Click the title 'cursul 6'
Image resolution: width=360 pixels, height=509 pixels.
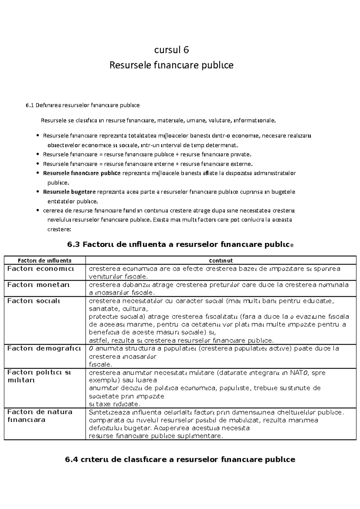point(171,50)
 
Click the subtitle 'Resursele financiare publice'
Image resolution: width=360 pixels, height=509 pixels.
point(171,65)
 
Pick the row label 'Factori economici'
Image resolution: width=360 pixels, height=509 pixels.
point(40,269)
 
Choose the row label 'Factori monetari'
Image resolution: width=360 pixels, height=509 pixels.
point(38,285)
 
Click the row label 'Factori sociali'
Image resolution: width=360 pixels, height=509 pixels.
point(34,301)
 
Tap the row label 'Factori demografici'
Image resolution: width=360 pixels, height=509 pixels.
point(44,349)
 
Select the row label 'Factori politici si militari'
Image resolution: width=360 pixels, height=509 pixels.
point(39,377)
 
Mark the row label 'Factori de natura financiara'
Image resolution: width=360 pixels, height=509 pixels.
point(40,416)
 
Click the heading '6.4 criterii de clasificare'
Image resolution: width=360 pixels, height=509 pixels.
point(180,460)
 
